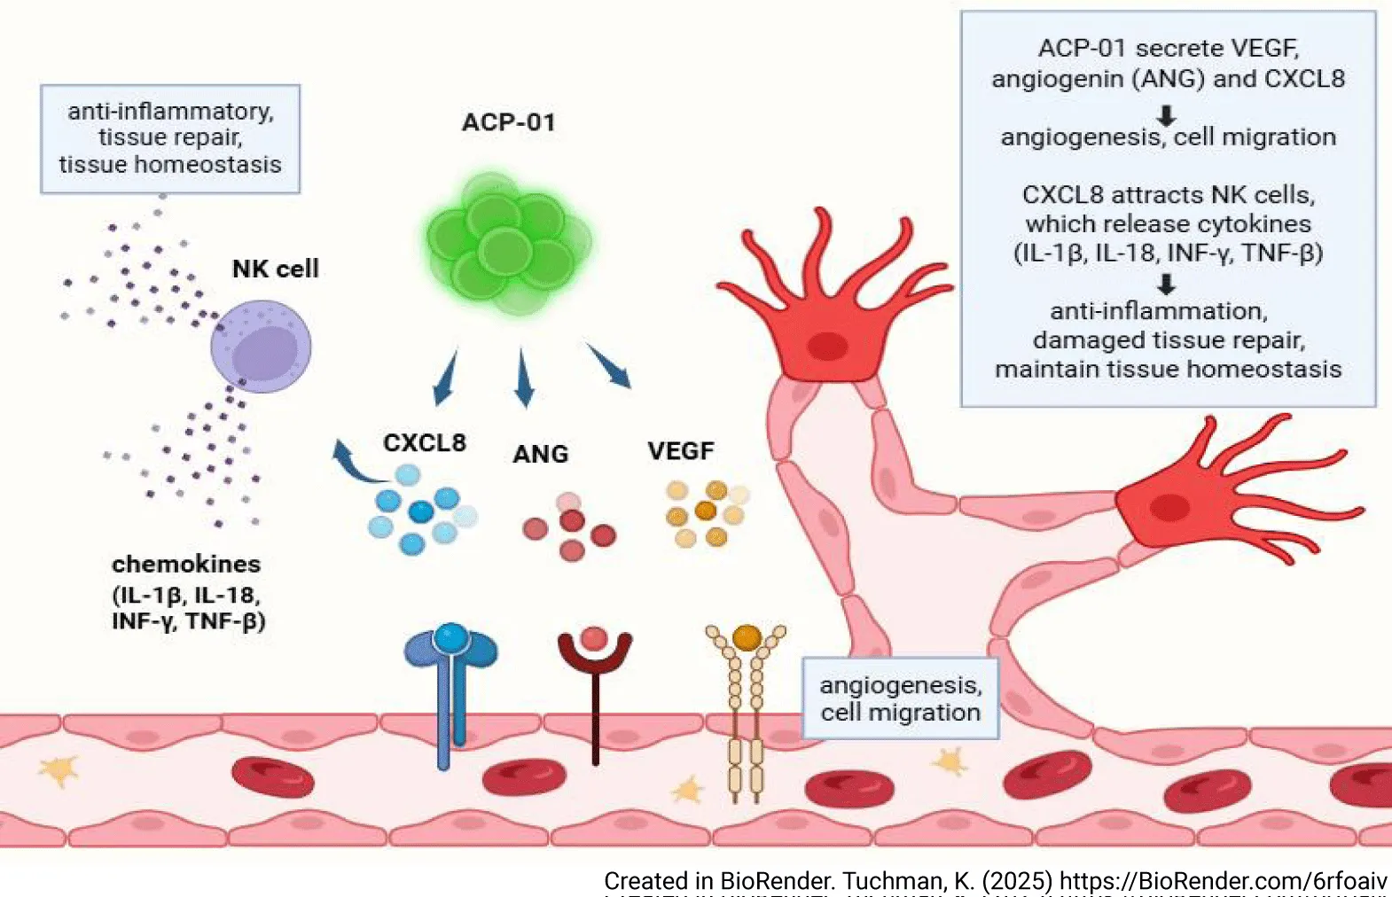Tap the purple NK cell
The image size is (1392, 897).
pyautogui.click(x=262, y=346)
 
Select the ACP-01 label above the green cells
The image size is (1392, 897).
pyautogui.click(x=509, y=122)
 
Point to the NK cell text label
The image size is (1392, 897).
pyautogui.click(x=275, y=269)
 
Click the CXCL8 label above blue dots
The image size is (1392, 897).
pyautogui.click(x=424, y=442)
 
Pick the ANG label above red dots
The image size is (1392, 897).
pyautogui.click(x=540, y=454)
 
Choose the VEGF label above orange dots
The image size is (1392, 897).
pyautogui.click(x=680, y=451)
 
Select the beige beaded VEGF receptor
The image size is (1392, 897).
pyautogui.click(x=746, y=709)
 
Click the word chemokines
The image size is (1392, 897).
pyautogui.click(x=186, y=564)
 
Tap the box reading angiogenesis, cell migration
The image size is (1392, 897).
pyautogui.click(x=900, y=698)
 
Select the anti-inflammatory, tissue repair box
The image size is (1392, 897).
pyautogui.click(x=170, y=138)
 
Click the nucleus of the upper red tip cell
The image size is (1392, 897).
pyautogui.click(x=828, y=345)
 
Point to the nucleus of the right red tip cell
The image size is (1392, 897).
pyautogui.click(x=1169, y=508)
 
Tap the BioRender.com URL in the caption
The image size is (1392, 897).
pyautogui.click(x=1223, y=881)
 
